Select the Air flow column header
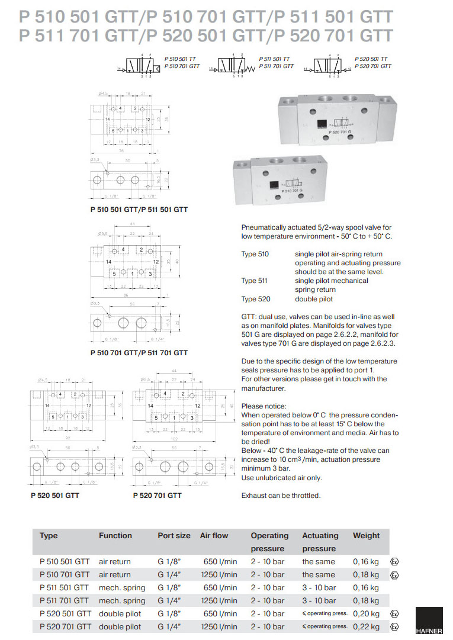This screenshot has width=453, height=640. coord(214,535)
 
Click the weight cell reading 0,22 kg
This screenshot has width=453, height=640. coord(366,626)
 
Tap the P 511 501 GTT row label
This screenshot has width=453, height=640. coord(64,587)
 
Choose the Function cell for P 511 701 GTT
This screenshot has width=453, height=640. coord(121,600)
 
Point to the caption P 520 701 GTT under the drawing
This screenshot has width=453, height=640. coord(158,495)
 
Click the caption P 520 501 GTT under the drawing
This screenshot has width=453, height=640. coord(54,495)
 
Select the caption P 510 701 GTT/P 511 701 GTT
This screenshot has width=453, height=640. coord(139,352)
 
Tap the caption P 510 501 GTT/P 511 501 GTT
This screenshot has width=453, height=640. coord(139,210)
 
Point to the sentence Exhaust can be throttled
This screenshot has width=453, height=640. coord(281,496)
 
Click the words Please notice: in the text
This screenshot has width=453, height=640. coord(264,406)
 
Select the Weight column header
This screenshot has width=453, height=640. coord(366,535)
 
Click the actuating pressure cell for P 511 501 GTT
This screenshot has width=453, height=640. coord(319,587)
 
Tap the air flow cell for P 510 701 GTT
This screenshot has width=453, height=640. coord(219,574)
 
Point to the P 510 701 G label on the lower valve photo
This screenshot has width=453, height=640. coord(287,190)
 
